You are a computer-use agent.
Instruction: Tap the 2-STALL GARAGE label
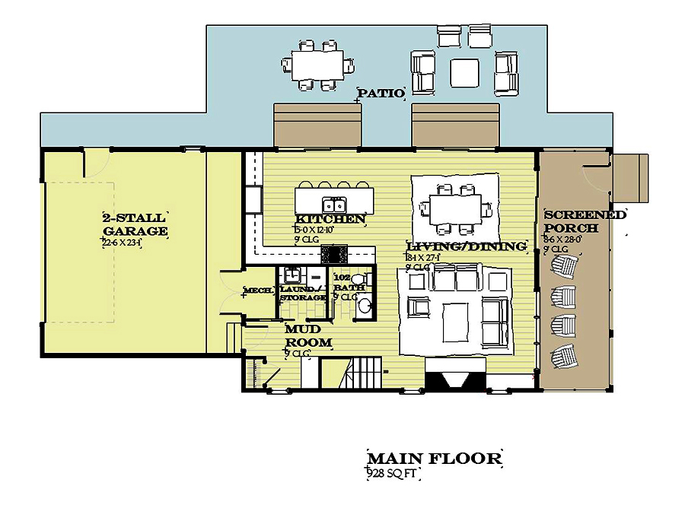point(135,224)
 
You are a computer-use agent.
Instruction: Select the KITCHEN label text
point(330,220)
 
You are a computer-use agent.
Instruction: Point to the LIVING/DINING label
point(467,246)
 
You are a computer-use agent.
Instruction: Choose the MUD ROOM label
point(307,336)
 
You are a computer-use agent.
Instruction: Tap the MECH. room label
point(258,291)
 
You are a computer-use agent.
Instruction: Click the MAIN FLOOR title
point(434,459)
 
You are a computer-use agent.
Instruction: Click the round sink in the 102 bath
point(366,306)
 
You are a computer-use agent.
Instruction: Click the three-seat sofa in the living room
point(455,281)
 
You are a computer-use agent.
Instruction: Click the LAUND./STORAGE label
point(302,294)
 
